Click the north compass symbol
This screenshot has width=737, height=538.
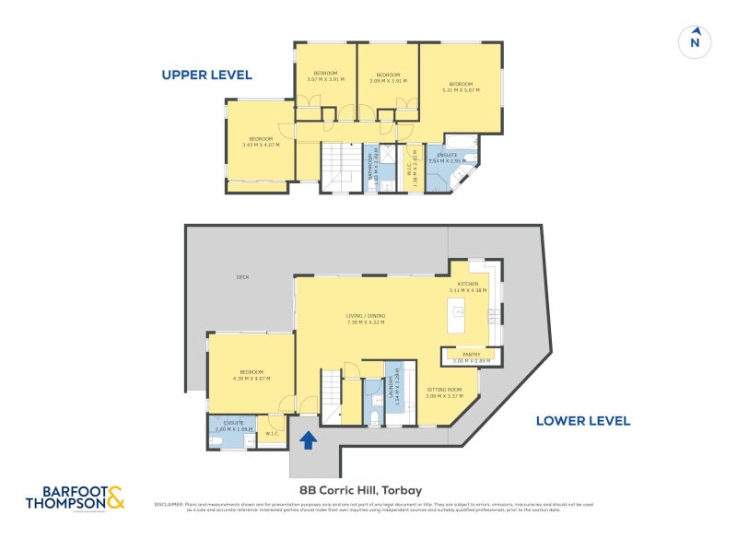[696, 41]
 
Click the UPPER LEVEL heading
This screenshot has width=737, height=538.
[206, 75]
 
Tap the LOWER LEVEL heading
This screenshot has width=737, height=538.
[583, 421]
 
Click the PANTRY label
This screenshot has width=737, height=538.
[472, 354]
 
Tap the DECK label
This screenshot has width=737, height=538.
[242, 276]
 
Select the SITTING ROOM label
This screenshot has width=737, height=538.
[444, 391]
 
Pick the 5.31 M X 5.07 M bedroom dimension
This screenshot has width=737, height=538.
[460, 89]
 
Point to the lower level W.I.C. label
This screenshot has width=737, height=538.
[272, 434]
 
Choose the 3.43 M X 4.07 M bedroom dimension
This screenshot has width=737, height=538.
[261, 145]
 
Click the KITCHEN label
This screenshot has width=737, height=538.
[468, 284]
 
